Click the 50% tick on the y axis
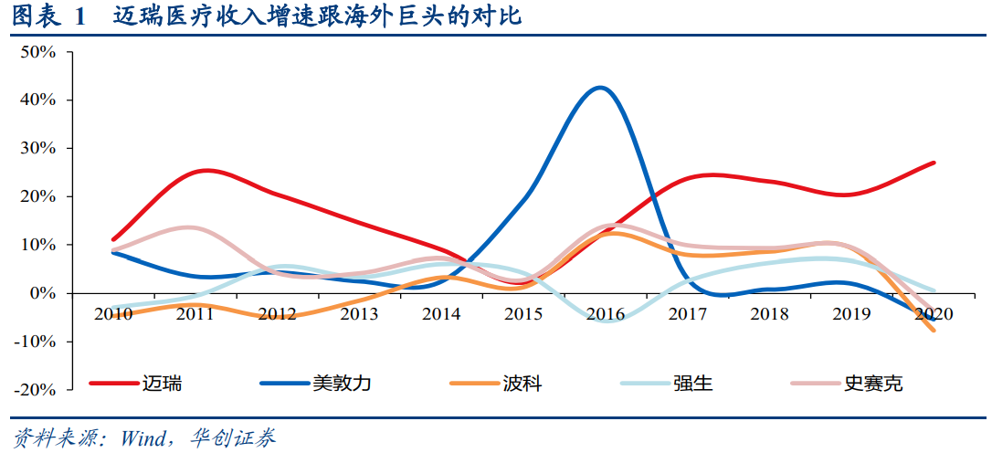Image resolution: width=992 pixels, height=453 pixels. click(x=37, y=52)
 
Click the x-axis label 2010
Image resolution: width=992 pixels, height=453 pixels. click(x=112, y=314)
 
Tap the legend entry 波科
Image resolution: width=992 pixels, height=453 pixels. click(x=522, y=384)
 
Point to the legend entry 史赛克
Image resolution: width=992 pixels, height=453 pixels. click(x=872, y=384)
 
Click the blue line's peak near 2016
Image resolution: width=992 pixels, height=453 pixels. click(x=599, y=88)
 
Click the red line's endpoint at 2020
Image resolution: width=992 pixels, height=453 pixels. click(x=934, y=163)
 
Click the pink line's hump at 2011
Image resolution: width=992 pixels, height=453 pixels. click(x=187, y=227)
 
